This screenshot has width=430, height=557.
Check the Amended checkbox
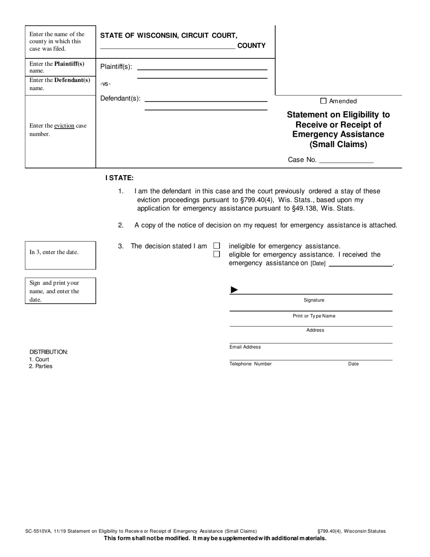pos(323,101)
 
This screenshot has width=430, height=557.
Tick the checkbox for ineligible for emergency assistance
pos(216,246)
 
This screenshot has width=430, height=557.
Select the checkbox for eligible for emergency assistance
pos(216,254)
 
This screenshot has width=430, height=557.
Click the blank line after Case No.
pos(346,160)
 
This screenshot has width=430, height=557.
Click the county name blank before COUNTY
pos(167,46)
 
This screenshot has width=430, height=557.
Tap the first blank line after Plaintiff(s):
pos(202,67)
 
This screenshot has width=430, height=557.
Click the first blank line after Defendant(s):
pos(205,99)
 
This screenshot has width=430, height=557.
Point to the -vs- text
pos(105,83)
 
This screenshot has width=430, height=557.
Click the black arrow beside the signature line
pos(234,290)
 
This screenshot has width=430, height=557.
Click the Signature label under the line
pos(314,300)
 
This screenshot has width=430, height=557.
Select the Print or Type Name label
pos(314,316)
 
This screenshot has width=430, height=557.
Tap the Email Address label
pos(245,347)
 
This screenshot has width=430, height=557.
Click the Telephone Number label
pos(250,364)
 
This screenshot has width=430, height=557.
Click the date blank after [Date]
pos(360,263)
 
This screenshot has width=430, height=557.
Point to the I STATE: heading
pos(119,178)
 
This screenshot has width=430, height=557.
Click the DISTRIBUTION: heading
pos(48,352)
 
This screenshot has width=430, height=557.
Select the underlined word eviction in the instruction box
pos(64,125)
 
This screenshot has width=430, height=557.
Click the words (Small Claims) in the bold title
pos(338,145)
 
